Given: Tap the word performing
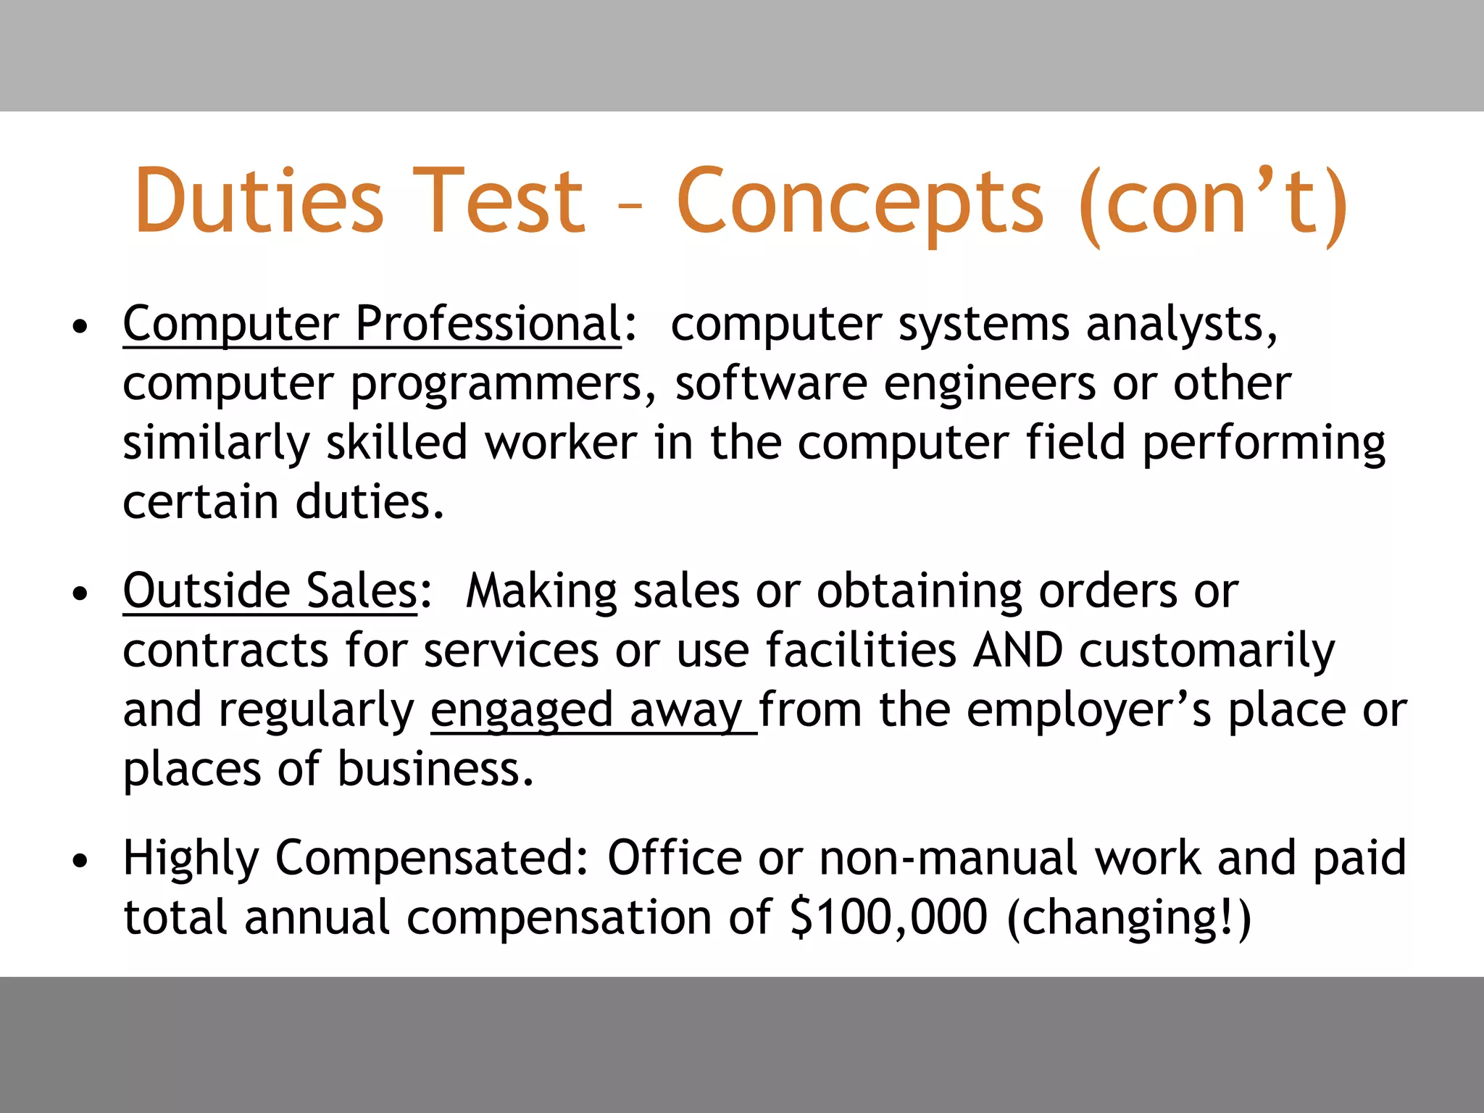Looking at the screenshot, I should click(x=1264, y=443).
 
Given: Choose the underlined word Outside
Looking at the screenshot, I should click(x=207, y=591).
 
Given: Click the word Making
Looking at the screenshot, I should click(x=541, y=591).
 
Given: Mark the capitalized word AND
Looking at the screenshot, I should click(x=1018, y=650).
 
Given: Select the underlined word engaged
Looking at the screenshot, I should click(x=522, y=711).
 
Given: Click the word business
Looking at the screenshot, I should click(x=435, y=769).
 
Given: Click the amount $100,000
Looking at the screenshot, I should click(x=888, y=917).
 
